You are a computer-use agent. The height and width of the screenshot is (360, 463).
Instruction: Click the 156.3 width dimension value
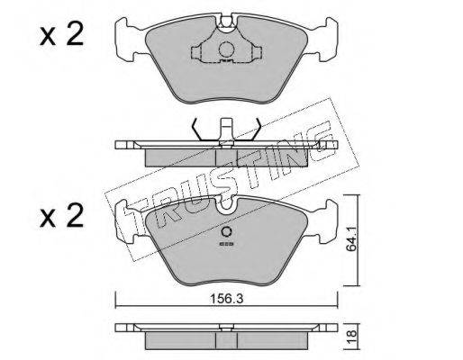click(226, 298)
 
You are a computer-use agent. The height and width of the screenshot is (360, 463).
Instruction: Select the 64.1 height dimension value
click(352, 239)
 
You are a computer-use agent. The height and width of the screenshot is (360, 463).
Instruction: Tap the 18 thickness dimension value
click(352, 333)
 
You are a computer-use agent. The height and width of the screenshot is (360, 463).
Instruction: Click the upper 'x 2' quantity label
click(61, 35)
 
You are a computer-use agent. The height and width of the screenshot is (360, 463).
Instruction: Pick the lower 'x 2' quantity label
click(61, 215)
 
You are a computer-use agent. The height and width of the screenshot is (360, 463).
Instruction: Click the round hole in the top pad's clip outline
click(226, 49)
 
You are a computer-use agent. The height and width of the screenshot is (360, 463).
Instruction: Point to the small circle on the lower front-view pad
click(226, 232)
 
